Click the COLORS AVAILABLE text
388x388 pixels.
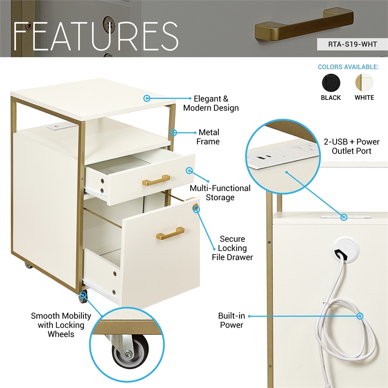click(x=347, y=67)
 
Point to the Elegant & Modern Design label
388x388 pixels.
click(x=210, y=103)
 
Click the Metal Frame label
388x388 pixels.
click(x=209, y=137)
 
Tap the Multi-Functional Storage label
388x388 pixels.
click(x=220, y=193)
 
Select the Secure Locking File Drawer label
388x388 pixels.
click(x=232, y=248)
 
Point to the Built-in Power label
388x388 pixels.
click(x=231, y=320)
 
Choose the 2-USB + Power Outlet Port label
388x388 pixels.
click(x=352, y=146)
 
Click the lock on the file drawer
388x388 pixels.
click(x=196, y=208)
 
